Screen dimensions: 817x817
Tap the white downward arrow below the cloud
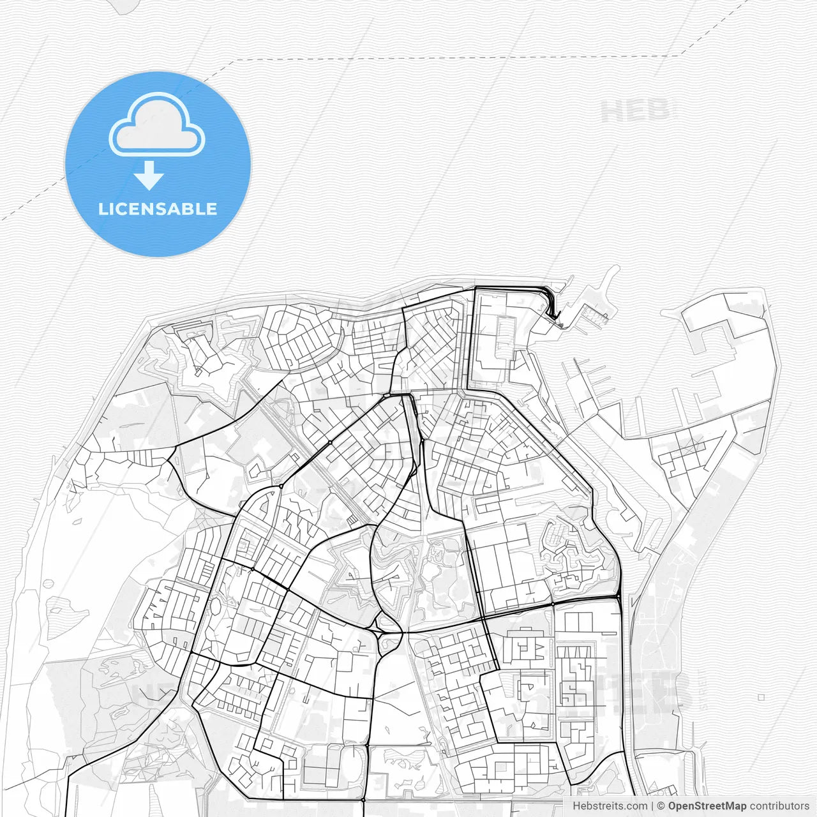point(149,176)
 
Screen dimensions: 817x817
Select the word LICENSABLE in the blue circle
point(157,209)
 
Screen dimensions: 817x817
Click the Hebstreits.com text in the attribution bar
point(610,806)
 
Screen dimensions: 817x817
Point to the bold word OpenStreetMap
point(707,806)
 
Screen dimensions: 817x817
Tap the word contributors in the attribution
point(779,806)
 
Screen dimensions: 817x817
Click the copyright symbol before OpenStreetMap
point(661,806)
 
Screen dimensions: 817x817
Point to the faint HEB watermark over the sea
point(635,111)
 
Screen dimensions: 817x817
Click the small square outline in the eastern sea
point(761,698)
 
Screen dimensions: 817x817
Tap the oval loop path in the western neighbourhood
point(215,606)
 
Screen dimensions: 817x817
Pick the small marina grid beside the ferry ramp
point(594,313)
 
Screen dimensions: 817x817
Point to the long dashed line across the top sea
point(447,58)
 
